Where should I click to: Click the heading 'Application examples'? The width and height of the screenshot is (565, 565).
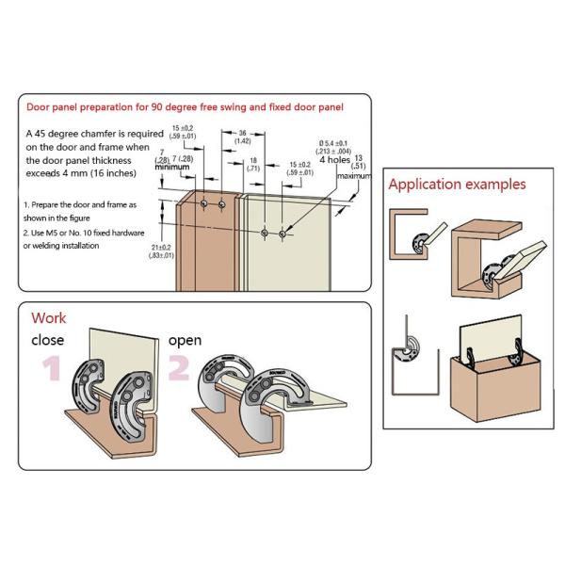[x=457, y=185]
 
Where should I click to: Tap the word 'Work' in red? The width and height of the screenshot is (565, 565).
[x=49, y=318]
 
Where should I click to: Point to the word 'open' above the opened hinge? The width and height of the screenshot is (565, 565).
[x=184, y=339]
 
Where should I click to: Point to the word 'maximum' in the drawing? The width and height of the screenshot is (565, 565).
[x=354, y=176]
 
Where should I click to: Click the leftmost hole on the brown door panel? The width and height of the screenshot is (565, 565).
[x=204, y=202]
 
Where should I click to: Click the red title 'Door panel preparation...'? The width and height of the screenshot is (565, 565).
[x=186, y=107]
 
